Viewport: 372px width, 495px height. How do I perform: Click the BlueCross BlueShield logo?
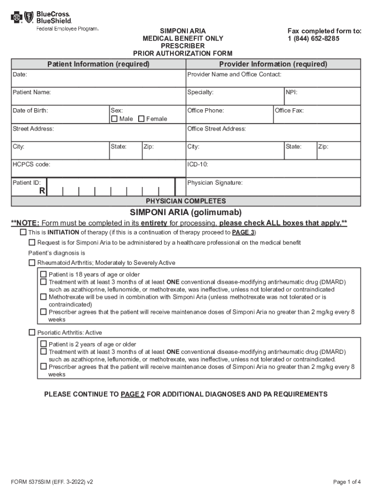pos(42,18)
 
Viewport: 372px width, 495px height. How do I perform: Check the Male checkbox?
pos(114,119)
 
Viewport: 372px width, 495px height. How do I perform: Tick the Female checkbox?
pos(142,119)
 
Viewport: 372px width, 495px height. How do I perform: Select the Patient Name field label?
pos(31,92)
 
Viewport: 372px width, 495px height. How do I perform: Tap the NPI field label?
pos(292,92)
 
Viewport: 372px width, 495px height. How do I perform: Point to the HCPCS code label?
pos(31,165)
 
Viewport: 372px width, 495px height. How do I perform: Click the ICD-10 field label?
pos(198,165)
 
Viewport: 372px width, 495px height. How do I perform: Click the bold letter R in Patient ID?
pos(42,191)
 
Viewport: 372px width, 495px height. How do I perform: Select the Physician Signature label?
pos(215,183)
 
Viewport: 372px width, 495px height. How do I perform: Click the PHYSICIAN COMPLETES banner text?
pos(186,201)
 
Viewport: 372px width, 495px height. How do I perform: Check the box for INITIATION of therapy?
pos(23,233)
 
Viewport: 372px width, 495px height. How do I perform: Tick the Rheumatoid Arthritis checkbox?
pos(32,263)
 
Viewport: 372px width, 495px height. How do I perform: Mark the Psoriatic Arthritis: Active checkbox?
pos(32,333)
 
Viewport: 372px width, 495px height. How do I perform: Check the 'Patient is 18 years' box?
pos(43,274)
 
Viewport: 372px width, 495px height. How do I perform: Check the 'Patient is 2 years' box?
pos(43,344)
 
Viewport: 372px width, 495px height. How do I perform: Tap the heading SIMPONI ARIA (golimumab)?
pos(186,213)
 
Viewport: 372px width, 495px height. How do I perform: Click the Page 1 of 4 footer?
pos(347,482)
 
